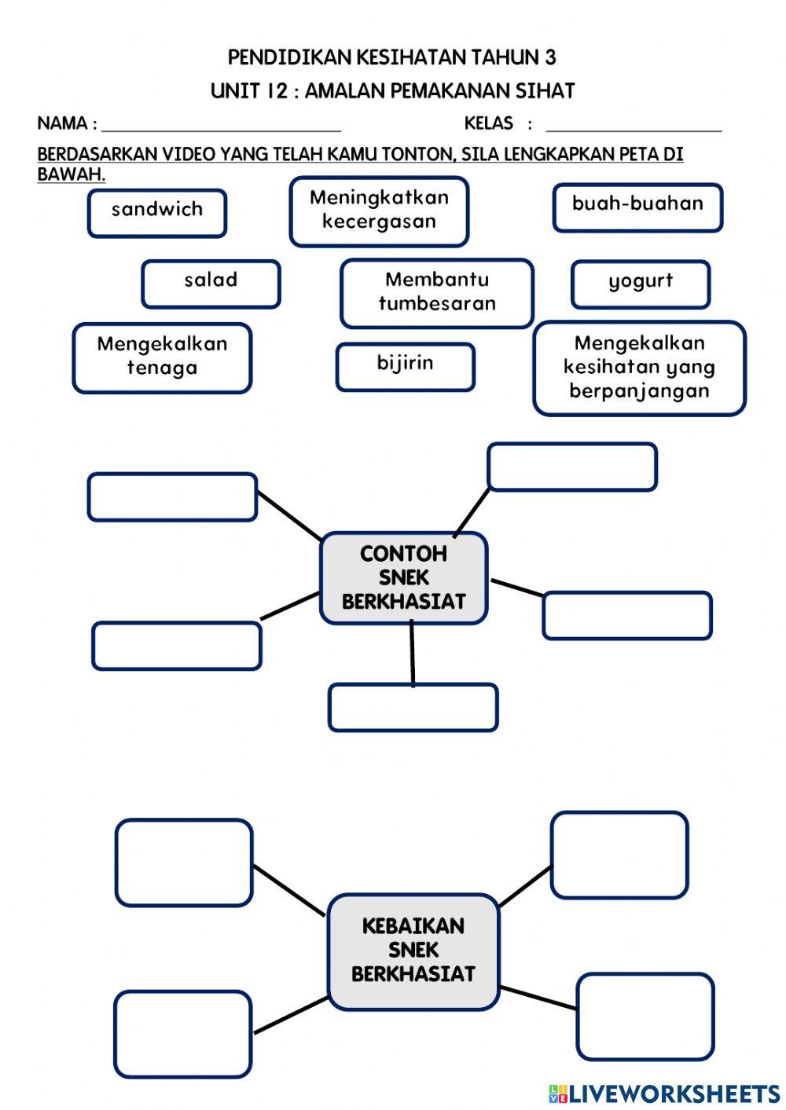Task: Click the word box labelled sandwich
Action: click(x=157, y=213)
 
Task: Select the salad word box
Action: click(x=211, y=284)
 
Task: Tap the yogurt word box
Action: click(x=641, y=284)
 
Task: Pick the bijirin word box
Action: click(x=406, y=366)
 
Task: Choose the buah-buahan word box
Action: click(x=637, y=207)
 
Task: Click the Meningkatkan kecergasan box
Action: click(x=379, y=211)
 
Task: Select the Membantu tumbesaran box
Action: click(x=437, y=293)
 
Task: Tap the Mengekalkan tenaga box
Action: click(x=162, y=357)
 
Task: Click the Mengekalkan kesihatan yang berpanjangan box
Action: click(x=639, y=368)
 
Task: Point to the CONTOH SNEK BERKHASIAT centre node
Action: click(x=404, y=578)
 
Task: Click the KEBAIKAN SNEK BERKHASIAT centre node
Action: click(x=413, y=951)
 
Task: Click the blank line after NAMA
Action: click(x=221, y=126)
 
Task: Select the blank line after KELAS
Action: click(x=634, y=126)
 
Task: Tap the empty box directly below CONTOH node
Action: click(x=413, y=707)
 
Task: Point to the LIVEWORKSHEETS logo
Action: click(x=664, y=1094)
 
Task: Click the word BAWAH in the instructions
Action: click(x=71, y=174)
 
